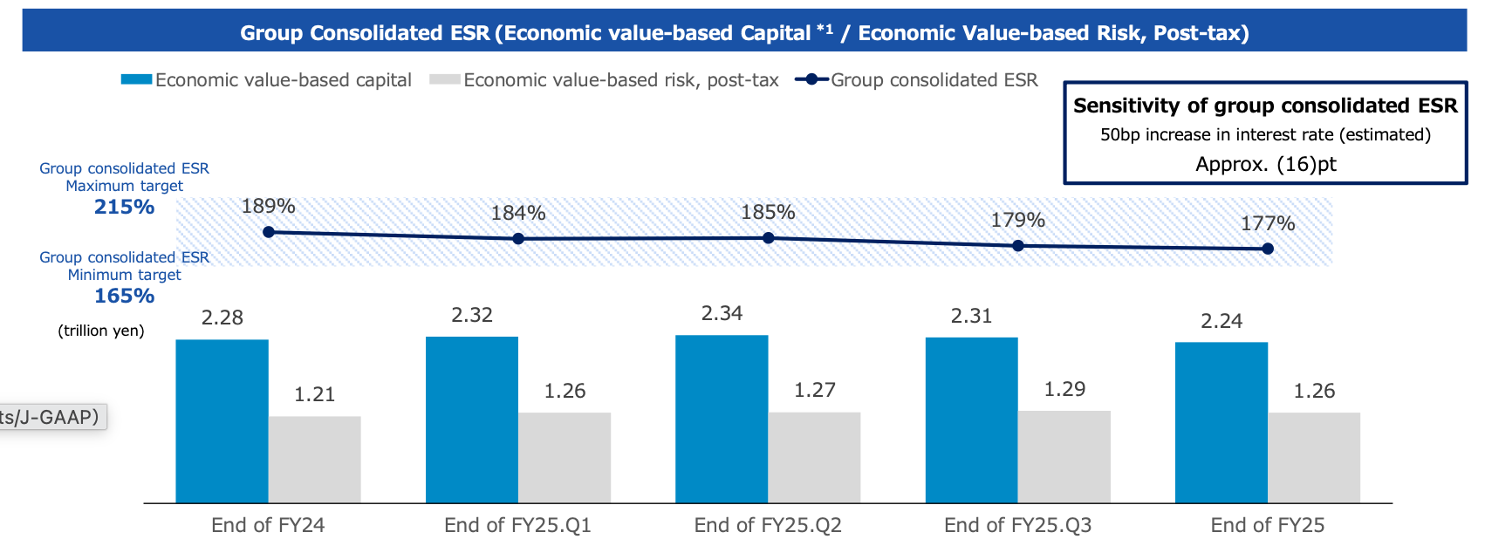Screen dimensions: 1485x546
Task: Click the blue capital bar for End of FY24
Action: [x=222, y=421]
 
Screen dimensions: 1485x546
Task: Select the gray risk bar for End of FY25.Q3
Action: [x=1064, y=457]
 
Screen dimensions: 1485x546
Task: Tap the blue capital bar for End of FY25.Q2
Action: [x=722, y=419]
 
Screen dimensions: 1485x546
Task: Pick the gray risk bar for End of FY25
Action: [x=1314, y=458]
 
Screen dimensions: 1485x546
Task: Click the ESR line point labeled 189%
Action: [x=269, y=232]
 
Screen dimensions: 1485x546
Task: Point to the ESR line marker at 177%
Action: [x=1268, y=249]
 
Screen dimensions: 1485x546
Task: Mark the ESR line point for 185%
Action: [x=769, y=238]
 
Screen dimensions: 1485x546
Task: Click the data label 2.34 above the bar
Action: [x=722, y=313]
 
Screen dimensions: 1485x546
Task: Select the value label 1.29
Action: [x=1064, y=389]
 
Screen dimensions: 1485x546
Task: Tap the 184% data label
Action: [x=518, y=214]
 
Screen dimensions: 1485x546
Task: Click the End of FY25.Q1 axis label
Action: [x=517, y=525]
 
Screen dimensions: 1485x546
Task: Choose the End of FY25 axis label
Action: [x=1268, y=525]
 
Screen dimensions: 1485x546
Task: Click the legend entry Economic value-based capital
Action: [x=266, y=80]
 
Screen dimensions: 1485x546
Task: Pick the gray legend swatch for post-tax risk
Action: [x=445, y=79]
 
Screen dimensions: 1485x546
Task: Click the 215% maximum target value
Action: [x=124, y=208]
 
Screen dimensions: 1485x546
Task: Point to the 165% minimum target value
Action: [x=124, y=297]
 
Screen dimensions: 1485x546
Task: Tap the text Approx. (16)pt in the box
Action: [x=1265, y=164]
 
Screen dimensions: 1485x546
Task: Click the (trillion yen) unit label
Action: [x=100, y=331]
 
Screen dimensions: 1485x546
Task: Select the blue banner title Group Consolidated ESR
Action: [x=744, y=33]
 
